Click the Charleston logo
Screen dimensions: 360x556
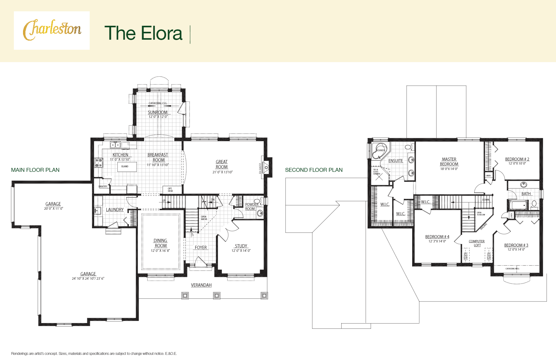click(x=52, y=30)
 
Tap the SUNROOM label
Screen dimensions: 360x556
click(x=157, y=112)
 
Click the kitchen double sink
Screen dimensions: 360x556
click(x=115, y=145)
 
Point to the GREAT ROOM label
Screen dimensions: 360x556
click(x=222, y=164)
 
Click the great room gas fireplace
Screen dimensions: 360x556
click(x=266, y=167)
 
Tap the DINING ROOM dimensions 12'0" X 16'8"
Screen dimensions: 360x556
click(x=160, y=251)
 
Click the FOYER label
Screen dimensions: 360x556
click(x=201, y=248)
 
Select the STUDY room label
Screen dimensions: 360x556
click(x=241, y=246)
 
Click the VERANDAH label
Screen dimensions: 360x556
click(x=201, y=285)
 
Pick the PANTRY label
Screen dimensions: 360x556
click(x=103, y=187)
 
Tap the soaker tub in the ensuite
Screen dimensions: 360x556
click(x=379, y=151)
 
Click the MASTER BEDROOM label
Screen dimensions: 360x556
click(x=449, y=162)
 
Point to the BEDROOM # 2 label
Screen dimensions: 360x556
click(x=517, y=159)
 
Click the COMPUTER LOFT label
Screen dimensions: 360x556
click(x=477, y=243)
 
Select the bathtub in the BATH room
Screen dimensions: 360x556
click(x=518, y=205)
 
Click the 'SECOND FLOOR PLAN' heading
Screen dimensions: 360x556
click(x=314, y=170)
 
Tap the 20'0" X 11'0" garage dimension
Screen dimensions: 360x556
click(x=54, y=208)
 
